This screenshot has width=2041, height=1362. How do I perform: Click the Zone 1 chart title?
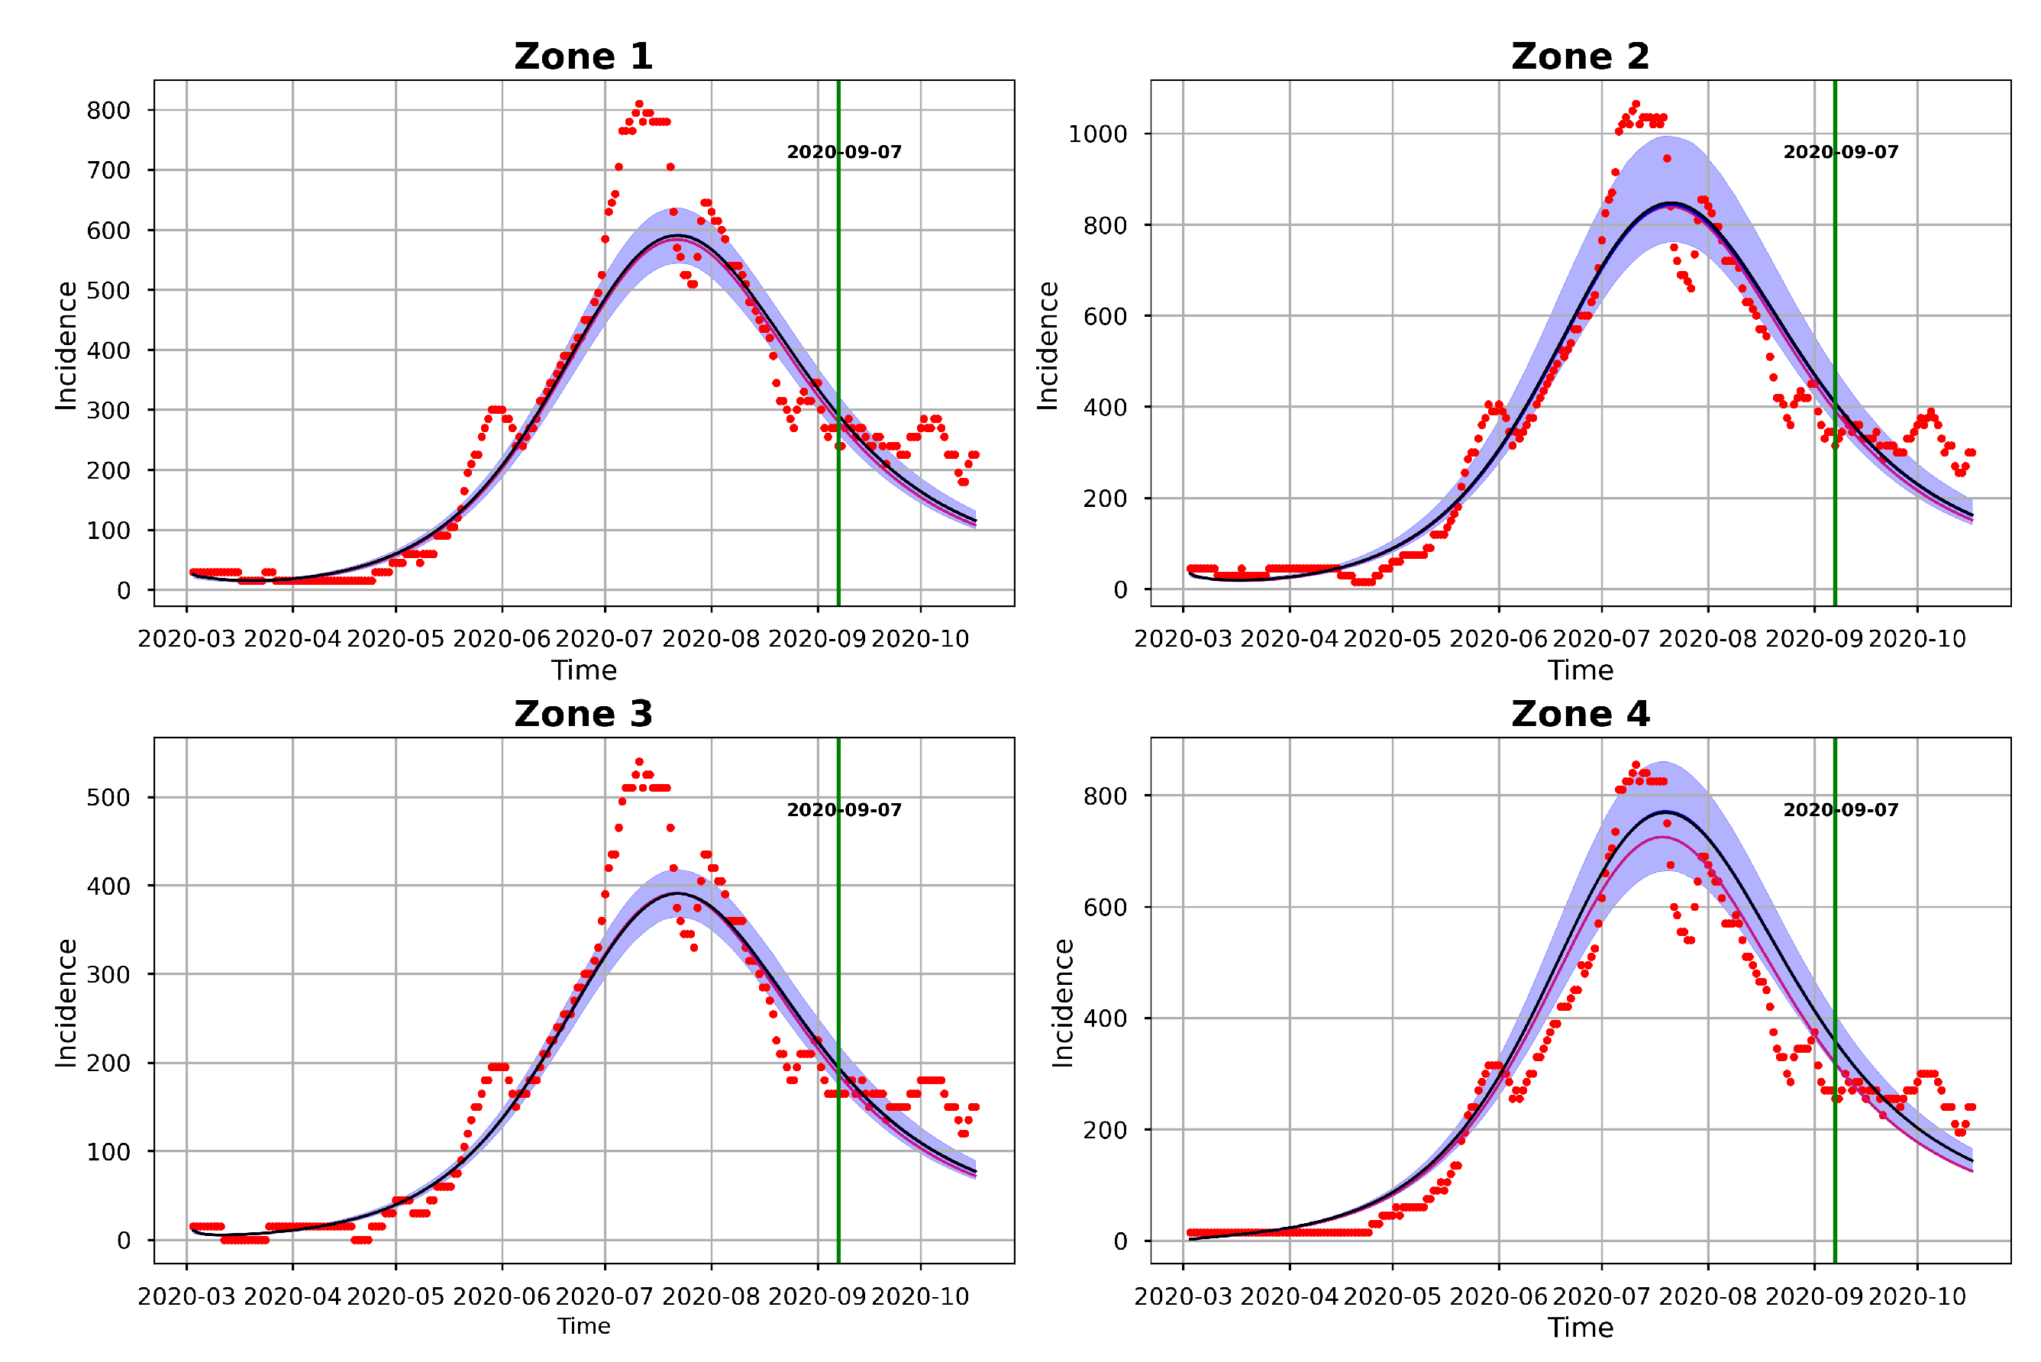(x=583, y=56)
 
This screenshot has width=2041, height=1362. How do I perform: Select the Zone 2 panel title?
(x=1580, y=56)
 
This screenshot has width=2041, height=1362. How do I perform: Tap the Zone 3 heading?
(x=583, y=714)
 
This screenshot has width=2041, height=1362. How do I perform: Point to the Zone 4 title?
(x=1580, y=714)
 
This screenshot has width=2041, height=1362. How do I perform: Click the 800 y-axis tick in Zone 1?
(x=108, y=110)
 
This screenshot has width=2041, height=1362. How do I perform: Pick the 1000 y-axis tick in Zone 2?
(x=1097, y=134)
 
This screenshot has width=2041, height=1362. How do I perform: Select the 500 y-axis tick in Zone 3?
(x=108, y=797)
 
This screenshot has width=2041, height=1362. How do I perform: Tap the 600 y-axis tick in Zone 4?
(x=1105, y=907)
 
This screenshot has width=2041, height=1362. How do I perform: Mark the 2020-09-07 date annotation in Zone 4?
(x=1840, y=809)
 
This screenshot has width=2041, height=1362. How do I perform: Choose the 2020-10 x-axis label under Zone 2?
(x=1917, y=639)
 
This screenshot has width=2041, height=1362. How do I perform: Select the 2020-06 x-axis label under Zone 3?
(x=501, y=1297)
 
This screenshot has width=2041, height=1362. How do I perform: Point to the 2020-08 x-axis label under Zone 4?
(x=1707, y=1297)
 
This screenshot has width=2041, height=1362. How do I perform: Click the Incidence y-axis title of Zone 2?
(x=1048, y=346)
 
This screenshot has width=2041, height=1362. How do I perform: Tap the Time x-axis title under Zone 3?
(x=583, y=1326)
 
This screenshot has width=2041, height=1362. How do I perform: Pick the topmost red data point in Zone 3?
(x=639, y=762)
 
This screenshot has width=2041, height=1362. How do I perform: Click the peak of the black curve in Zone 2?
(x=1669, y=203)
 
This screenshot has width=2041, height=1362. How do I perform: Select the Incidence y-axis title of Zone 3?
(x=66, y=1003)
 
